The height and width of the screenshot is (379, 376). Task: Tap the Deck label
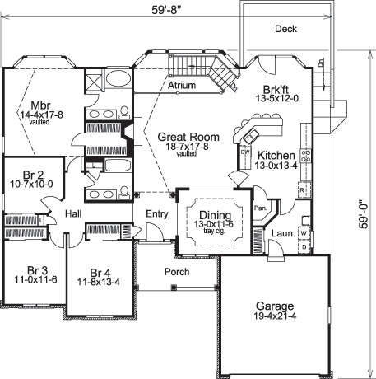pyautogui.click(x=286, y=29)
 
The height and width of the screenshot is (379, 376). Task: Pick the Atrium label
pyautogui.click(x=179, y=85)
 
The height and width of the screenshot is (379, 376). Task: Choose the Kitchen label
pyautogui.click(x=276, y=155)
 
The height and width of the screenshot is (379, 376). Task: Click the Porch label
pyautogui.click(x=176, y=271)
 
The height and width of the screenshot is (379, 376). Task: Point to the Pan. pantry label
pyautogui.click(x=259, y=210)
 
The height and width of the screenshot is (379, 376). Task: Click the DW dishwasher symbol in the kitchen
pyautogui.click(x=244, y=152)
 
